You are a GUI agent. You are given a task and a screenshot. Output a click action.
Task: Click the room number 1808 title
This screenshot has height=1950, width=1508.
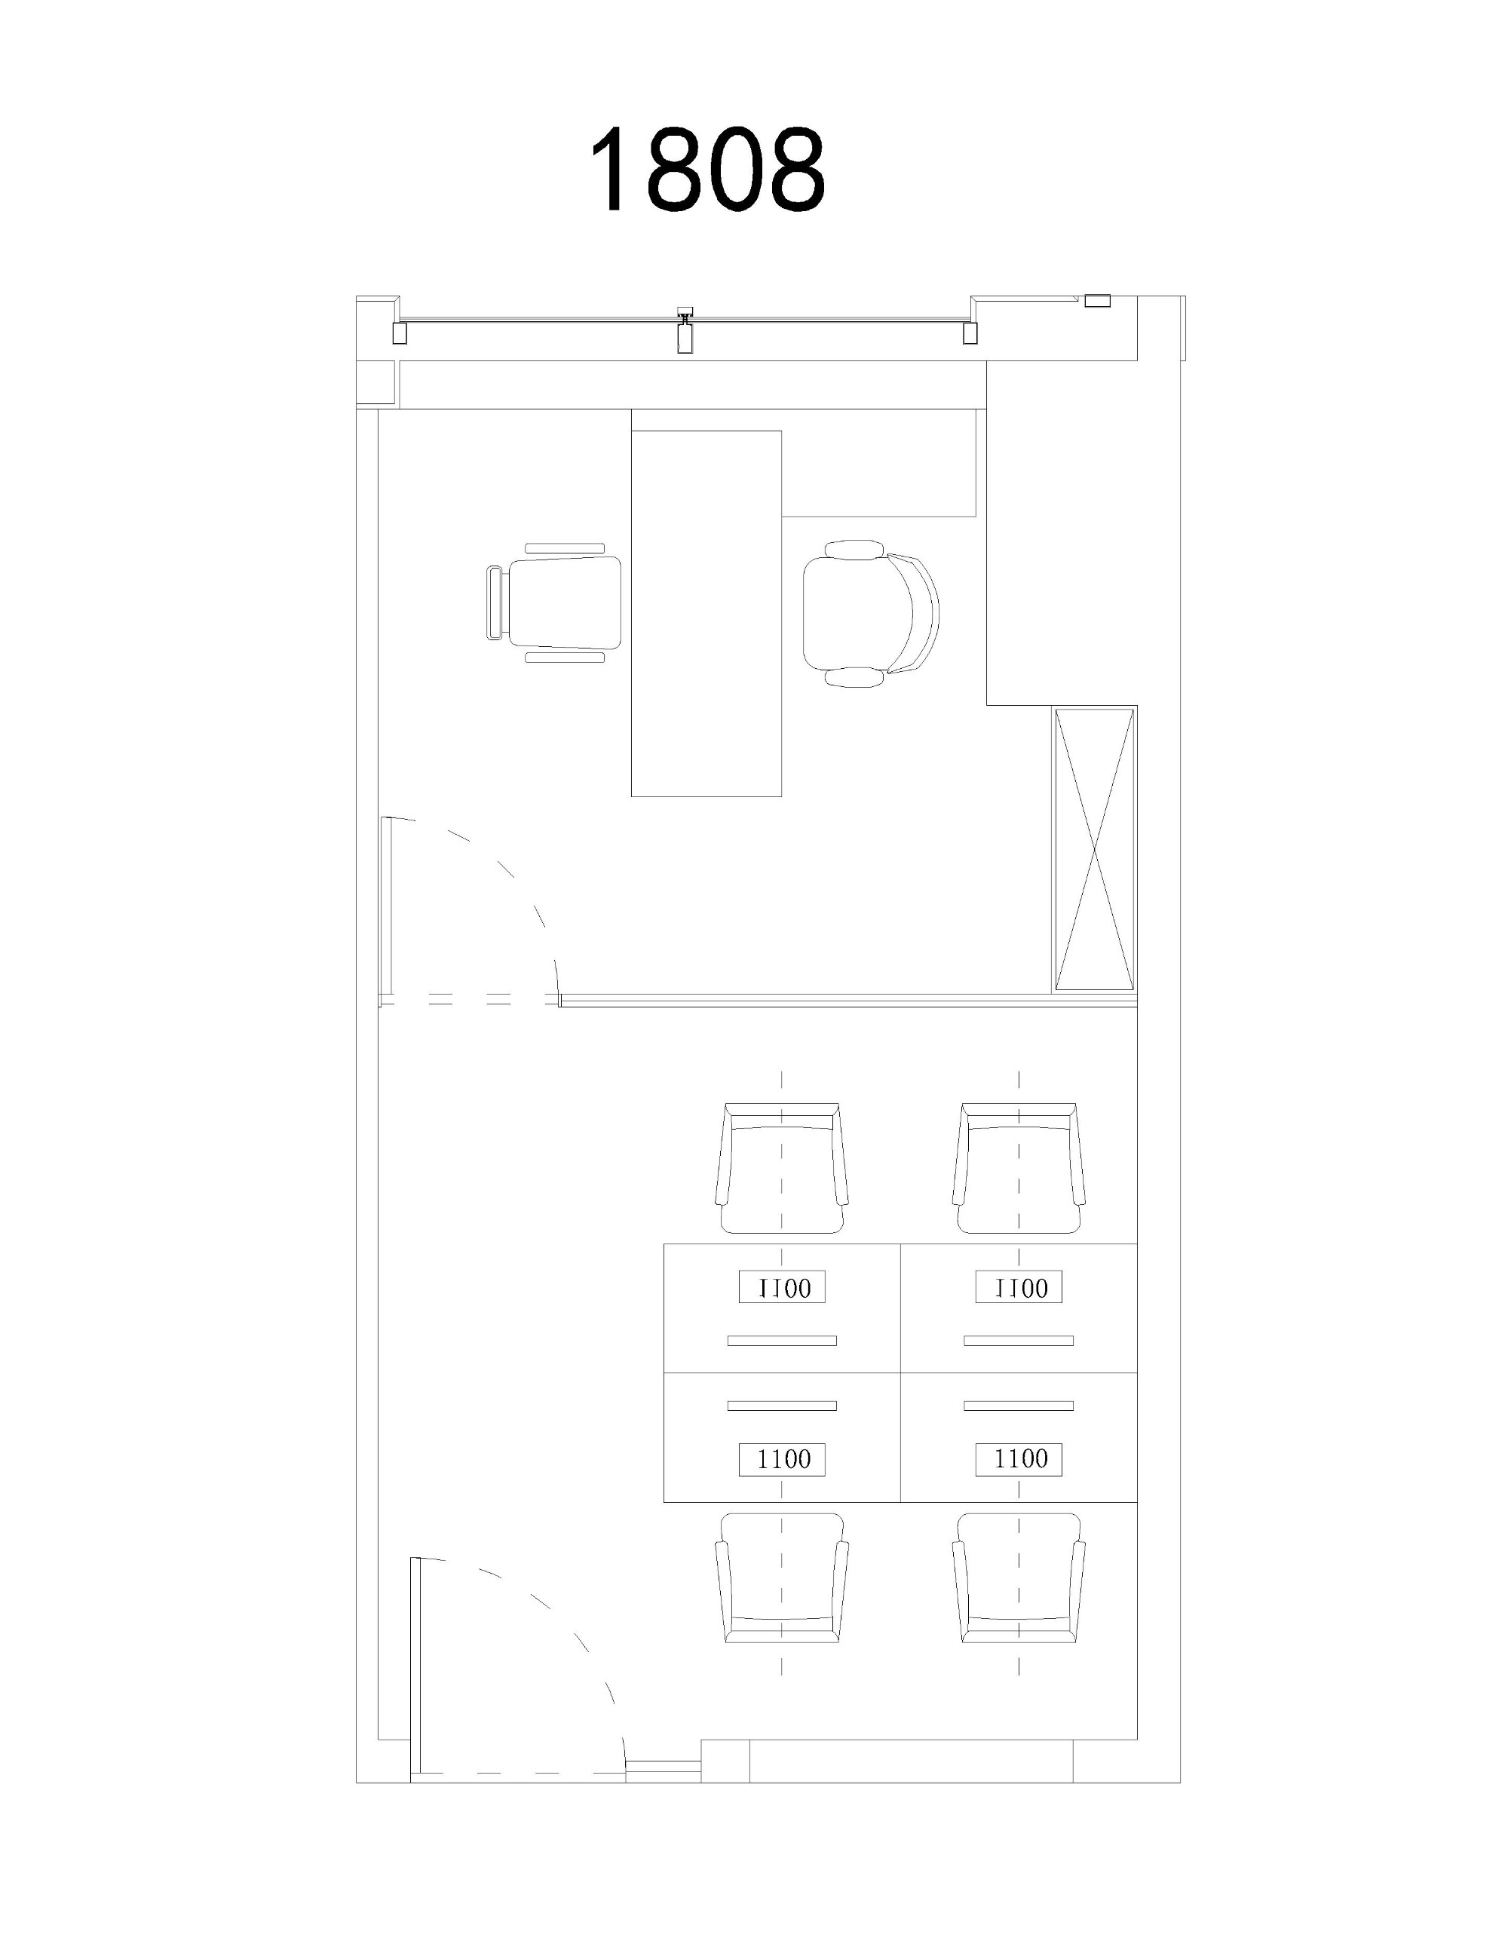point(706,168)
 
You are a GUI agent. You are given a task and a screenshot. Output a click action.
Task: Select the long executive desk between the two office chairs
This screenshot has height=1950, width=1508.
point(706,612)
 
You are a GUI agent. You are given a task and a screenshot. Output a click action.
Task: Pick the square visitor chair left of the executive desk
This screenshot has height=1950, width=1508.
point(553,602)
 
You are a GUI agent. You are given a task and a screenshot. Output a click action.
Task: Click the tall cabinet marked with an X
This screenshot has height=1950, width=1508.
point(1095,849)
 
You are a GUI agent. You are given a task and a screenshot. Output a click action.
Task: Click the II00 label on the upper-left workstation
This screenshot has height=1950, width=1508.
point(782,1286)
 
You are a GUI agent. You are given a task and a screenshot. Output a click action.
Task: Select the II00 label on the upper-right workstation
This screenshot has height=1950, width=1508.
point(1019,1286)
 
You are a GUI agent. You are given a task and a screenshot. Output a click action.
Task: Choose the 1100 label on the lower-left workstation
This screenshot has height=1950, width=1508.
point(782,1458)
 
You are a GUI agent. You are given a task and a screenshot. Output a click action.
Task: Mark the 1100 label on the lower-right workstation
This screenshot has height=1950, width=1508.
point(1019,1458)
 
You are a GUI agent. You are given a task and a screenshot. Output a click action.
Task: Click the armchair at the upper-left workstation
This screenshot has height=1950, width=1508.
point(782,1169)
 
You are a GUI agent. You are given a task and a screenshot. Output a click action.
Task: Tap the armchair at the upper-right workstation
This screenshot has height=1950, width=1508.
point(1019,1169)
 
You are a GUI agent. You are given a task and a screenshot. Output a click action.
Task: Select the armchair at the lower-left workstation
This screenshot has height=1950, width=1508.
point(782,1577)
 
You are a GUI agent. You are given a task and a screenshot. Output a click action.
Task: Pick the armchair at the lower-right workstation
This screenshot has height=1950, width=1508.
point(1019,1577)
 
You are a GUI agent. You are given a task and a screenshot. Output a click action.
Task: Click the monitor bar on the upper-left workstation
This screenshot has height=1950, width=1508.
point(782,1340)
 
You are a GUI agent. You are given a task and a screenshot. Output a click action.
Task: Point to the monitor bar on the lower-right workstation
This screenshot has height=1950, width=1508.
point(1019,1406)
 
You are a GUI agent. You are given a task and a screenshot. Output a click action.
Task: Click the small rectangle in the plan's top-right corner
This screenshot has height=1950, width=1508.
point(1096,301)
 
